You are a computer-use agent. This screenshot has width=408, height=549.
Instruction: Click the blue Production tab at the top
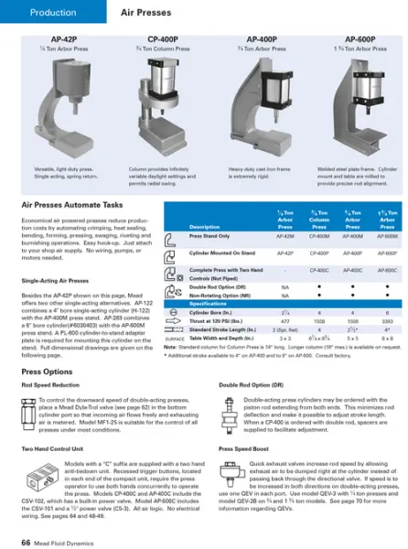[x=51, y=14]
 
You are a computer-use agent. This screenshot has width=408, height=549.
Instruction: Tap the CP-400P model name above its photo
[x=163, y=39]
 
